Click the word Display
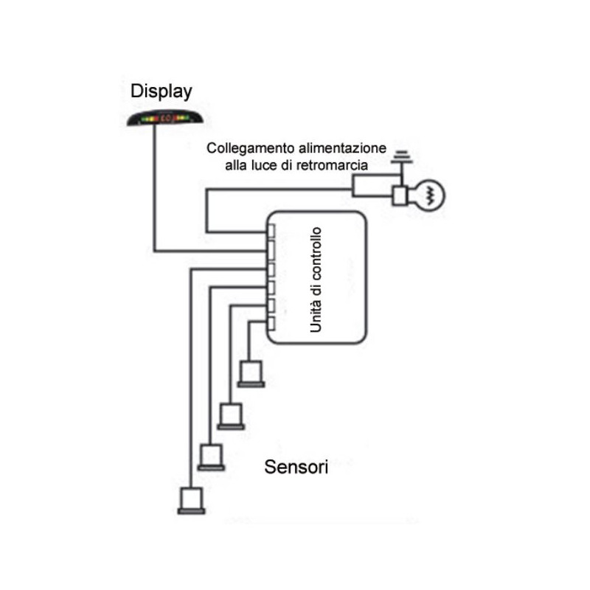(162, 91)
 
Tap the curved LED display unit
(164, 117)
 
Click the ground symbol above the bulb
(401, 157)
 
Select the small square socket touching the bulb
(400, 195)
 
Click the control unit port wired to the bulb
(271, 231)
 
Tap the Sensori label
(296, 467)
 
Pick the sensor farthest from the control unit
(191, 500)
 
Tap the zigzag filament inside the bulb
(432, 195)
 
